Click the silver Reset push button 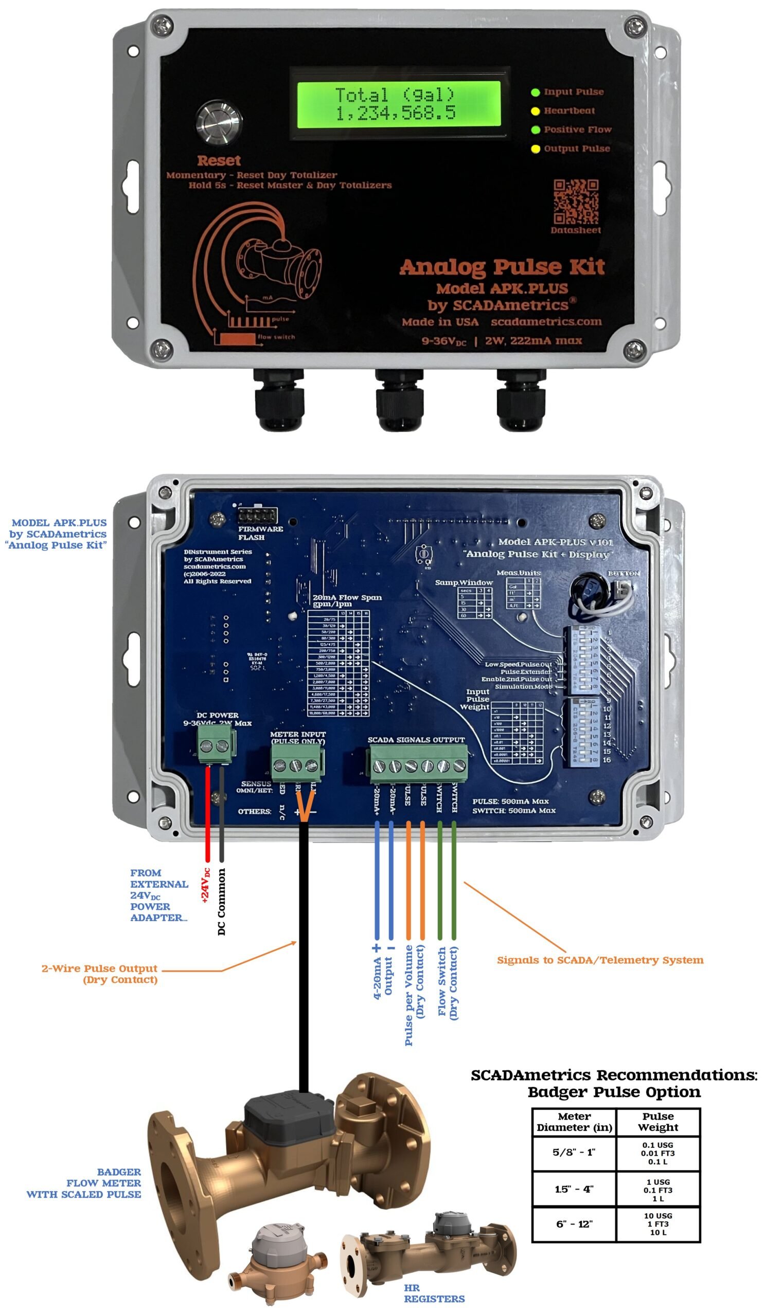[x=219, y=123]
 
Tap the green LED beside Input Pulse [x=535, y=93]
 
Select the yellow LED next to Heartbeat [x=535, y=111]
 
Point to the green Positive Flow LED [x=535, y=130]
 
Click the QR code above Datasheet [x=576, y=202]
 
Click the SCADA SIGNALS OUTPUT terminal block [x=419, y=765]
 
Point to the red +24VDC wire [x=207, y=815]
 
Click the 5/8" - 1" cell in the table [x=574, y=1152]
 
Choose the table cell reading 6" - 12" [x=574, y=1223]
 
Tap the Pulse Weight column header [x=658, y=1121]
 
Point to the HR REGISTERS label [x=434, y=1293]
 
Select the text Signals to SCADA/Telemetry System [x=600, y=960]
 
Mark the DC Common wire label [x=222, y=901]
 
